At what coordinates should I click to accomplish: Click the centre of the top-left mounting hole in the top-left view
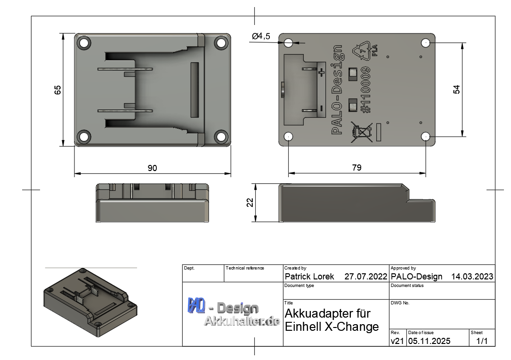point(84,43)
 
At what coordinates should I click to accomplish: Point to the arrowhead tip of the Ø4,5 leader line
point(293,43)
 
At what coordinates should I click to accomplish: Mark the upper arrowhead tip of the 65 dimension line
point(63,33)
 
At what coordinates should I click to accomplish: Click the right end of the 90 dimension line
point(231,173)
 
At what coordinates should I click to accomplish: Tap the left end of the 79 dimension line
point(289,173)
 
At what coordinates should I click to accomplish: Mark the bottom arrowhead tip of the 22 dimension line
point(255,222)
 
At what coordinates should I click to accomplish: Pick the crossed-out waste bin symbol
point(362,132)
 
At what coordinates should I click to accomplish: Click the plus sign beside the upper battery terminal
point(321,73)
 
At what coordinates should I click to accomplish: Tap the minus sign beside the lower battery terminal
point(321,108)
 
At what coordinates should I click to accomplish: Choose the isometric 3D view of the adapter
point(90,303)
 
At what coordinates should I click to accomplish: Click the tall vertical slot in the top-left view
point(195,90)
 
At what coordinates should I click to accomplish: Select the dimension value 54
point(456,90)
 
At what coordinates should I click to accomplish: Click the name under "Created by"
point(309,277)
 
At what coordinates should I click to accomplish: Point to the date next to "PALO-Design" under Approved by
point(472,277)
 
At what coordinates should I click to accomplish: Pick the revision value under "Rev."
point(397,341)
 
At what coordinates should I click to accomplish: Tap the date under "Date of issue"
point(429,341)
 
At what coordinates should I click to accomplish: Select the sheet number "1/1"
point(482,341)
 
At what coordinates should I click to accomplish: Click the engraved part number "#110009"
point(366,90)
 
